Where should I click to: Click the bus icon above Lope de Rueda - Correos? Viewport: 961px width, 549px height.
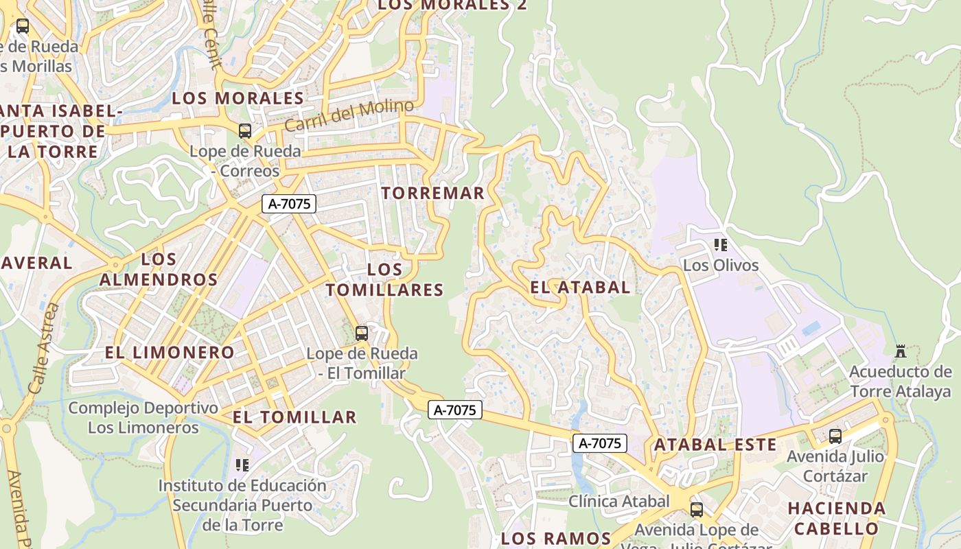pyautogui.click(x=245, y=131)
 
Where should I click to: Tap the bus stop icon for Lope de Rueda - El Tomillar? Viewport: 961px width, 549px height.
pyautogui.click(x=362, y=334)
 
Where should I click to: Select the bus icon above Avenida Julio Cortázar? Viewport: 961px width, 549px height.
pyautogui.click(x=835, y=436)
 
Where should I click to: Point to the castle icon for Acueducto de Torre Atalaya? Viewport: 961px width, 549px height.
pyautogui.click(x=901, y=351)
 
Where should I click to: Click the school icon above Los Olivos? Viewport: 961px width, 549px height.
pyautogui.click(x=721, y=244)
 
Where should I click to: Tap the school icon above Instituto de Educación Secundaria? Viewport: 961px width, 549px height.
pyautogui.click(x=242, y=465)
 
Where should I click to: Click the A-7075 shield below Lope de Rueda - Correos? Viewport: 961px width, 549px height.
pyautogui.click(x=289, y=204)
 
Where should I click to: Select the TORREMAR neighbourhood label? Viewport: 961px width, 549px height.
pyautogui.click(x=433, y=194)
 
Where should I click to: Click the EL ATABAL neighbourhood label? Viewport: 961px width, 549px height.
pyautogui.click(x=580, y=288)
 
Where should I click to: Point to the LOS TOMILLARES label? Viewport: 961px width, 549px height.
pyautogui.click(x=385, y=280)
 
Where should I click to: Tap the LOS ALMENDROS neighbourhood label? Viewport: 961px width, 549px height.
pyautogui.click(x=159, y=270)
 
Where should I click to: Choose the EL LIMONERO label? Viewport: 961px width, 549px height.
pyautogui.click(x=170, y=353)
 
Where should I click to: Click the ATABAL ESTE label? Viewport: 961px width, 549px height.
pyautogui.click(x=715, y=445)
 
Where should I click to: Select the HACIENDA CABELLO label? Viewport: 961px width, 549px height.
pyautogui.click(x=837, y=519)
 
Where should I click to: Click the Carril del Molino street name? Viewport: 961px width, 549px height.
pyautogui.click(x=349, y=115)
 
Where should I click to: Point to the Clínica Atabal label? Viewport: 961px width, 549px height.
pyautogui.click(x=618, y=502)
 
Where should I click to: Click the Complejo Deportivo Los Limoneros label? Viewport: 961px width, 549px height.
pyautogui.click(x=143, y=418)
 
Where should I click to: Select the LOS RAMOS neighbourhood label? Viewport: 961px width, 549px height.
pyautogui.click(x=556, y=538)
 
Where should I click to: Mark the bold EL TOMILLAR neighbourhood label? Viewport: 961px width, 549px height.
pyautogui.click(x=294, y=417)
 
